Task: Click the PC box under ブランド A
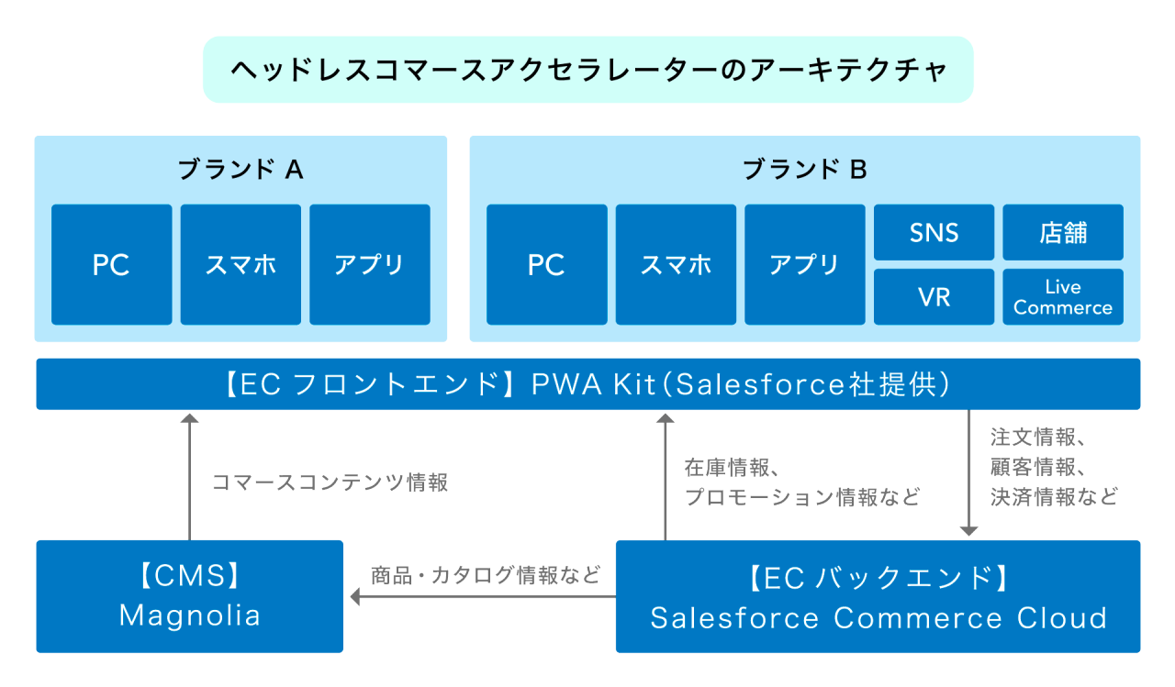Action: click(x=111, y=264)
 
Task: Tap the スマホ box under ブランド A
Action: click(x=241, y=264)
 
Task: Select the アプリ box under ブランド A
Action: click(x=369, y=264)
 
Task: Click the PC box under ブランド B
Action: click(x=546, y=264)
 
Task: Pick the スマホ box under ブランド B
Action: click(x=676, y=264)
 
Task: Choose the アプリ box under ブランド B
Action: click(x=804, y=264)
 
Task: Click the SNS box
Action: click(x=934, y=232)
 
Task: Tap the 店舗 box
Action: click(x=1063, y=232)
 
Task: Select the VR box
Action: click(x=934, y=297)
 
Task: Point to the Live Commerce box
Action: click(x=1063, y=297)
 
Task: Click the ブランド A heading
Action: click(x=241, y=169)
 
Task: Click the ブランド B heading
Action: click(x=804, y=169)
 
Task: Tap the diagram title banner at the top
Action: click(x=587, y=70)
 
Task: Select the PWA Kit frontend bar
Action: click(x=587, y=383)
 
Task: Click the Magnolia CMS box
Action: click(x=189, y=596)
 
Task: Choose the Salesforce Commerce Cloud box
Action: click(x=878, y=596)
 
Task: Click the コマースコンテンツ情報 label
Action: click(x=330, y=482)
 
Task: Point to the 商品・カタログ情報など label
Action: click(x=486, y=575)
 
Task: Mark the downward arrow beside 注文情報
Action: click(x=968, y=472)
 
